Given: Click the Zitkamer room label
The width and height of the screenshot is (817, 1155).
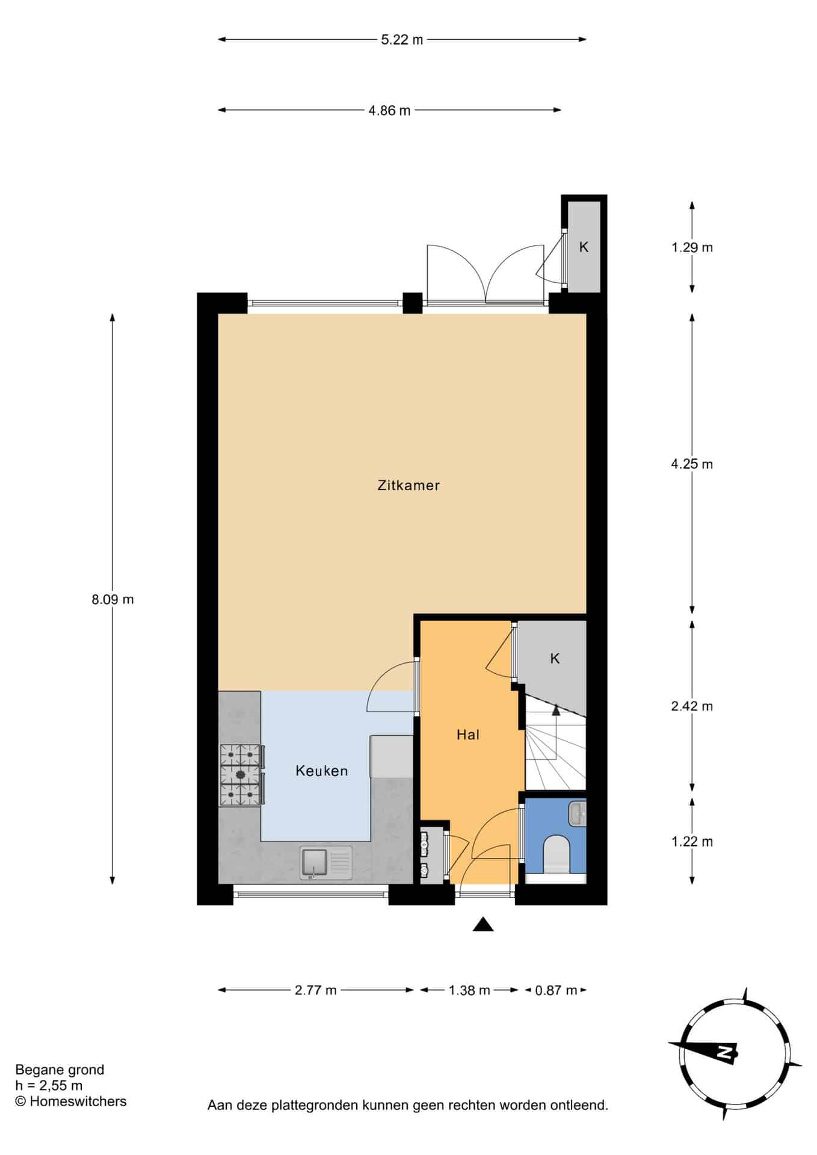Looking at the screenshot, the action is tap(408, 485).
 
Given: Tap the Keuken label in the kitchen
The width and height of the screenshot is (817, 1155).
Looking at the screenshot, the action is tap(322, 771).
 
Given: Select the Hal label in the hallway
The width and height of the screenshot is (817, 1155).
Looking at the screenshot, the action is tap(468, 735).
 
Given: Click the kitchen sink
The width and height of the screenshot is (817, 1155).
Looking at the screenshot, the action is tap(326, 863).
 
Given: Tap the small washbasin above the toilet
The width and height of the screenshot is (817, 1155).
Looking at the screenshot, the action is tap(577, 813).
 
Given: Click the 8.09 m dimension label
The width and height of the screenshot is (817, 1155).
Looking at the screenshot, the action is tap(113, 599).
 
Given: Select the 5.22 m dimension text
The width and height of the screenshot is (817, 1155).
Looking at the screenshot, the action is tap(402, 40).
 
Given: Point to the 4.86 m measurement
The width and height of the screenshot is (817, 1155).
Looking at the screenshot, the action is tap(389, 110).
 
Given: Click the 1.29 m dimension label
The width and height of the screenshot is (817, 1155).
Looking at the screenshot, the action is tap(692, 247).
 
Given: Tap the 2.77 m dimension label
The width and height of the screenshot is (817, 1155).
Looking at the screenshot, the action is tap(316, 990).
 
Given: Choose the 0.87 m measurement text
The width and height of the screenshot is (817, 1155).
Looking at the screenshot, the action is tap(556, 990).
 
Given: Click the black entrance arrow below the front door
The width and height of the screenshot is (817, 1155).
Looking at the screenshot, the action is tap(483, 925).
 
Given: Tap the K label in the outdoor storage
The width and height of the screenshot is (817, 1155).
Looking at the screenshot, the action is tap(584, 247).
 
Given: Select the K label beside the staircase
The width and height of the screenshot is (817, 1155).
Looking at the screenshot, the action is tap(555, 658).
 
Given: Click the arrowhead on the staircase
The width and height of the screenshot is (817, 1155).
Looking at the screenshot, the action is tap(556, 710).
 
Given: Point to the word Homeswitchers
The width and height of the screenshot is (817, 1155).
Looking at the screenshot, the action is tap(78, 1101).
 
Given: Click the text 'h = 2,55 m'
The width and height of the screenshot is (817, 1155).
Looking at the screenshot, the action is tap(49, 1085).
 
